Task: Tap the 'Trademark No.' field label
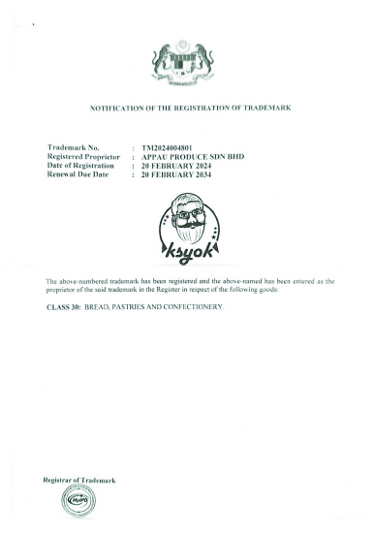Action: pos(73,146)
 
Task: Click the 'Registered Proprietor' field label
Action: pos(82,155)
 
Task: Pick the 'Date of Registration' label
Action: pos(81,164)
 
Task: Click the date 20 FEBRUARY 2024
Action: pos(175,164)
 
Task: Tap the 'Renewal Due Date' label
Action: pos(77,173)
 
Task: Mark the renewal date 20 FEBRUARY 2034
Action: pos(175,173)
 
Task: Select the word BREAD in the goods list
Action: pos(98,307)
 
